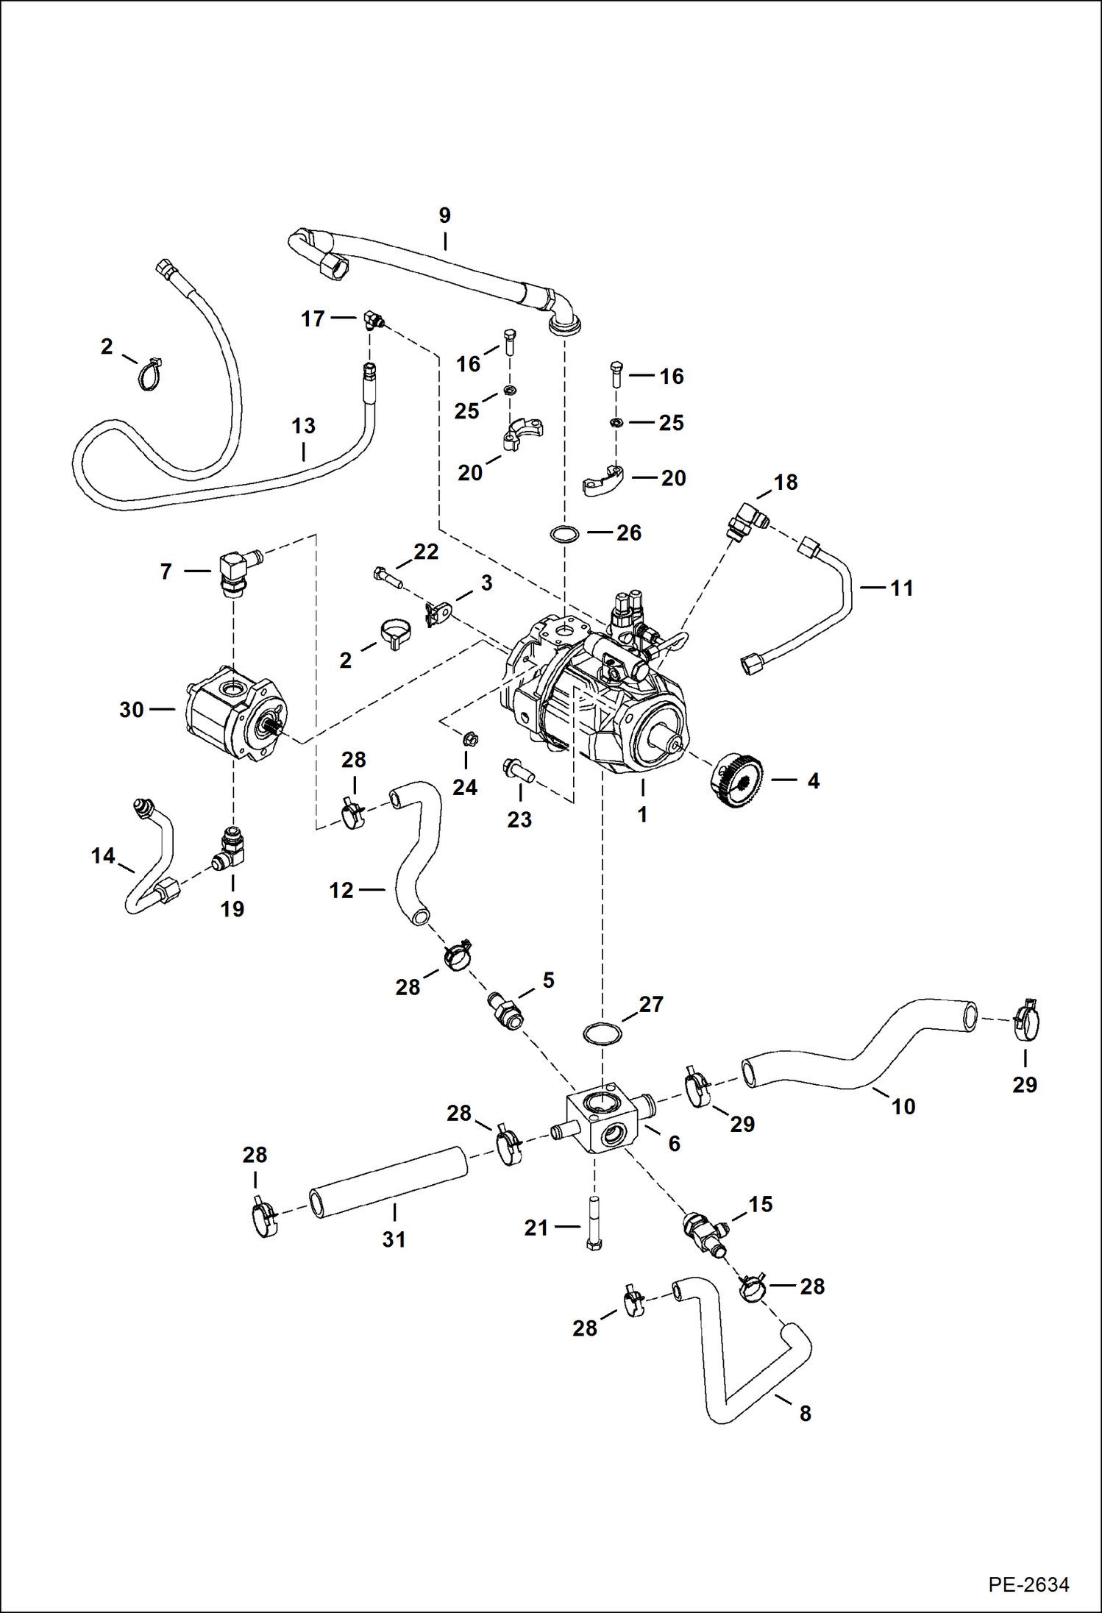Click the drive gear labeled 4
[736, 780]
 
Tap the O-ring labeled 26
[564, 533]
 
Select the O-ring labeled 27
[602, 1034]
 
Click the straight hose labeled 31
[390, 1181]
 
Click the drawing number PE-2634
[1028, 1584]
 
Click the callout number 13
[303, 426]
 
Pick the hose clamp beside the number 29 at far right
[1024, 1020]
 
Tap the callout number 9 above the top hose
[444, 216]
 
